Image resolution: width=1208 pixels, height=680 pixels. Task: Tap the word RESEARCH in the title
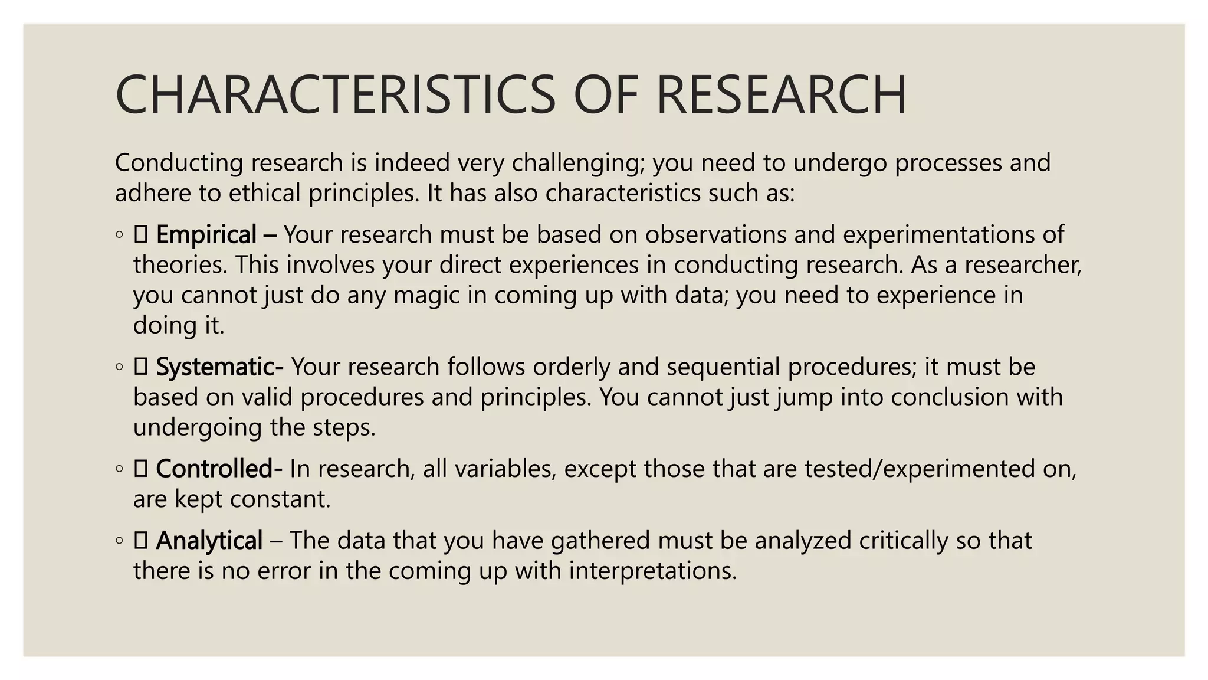coord(781,94)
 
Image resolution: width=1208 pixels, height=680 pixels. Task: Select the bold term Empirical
coord(206,235)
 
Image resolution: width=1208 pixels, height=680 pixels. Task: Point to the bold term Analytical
coord(209,541)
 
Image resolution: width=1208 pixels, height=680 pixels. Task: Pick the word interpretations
coord(653,571)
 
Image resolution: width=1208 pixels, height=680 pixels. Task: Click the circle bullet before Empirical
coord(119,235)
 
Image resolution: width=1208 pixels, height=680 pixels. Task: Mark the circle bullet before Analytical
coord(119,541)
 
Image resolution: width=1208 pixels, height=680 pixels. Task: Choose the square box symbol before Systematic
coord(140,367)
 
